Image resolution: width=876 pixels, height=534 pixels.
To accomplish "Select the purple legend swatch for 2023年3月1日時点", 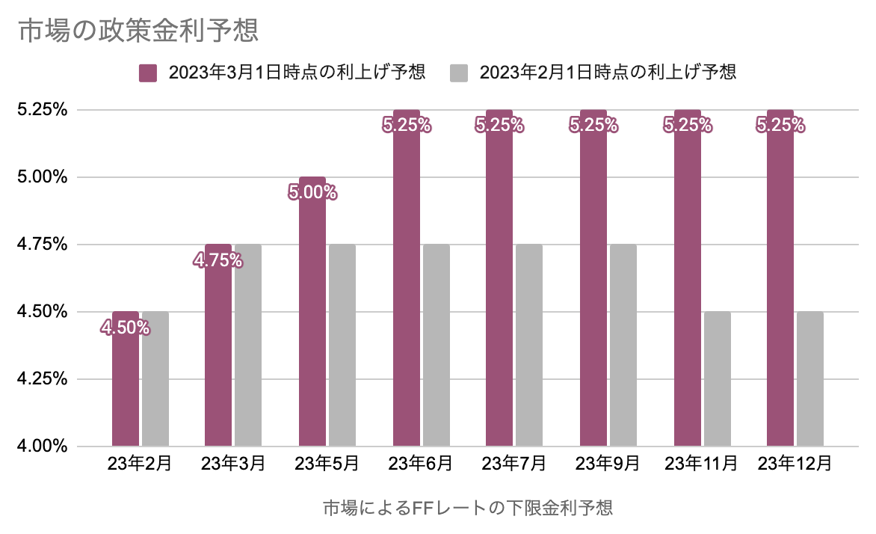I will click(x=148, y=73).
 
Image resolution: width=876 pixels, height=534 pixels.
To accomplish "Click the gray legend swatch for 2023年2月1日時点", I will click(x=459, y=73).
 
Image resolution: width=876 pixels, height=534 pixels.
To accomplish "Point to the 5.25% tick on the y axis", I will click(x=42, y=110).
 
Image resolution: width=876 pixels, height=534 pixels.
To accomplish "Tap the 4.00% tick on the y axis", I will click(x=42, y=446).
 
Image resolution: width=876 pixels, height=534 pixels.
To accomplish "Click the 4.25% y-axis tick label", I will click(x=42, y=379).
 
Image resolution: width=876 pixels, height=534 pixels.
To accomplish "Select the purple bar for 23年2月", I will click(x=126, y=389).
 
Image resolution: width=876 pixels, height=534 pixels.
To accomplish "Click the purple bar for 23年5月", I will click(x=312, y=322).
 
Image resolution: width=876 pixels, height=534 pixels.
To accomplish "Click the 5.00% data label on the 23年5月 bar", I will click(x=312, y=193).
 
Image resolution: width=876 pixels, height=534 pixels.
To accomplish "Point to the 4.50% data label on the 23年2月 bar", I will click(x=125, y=327).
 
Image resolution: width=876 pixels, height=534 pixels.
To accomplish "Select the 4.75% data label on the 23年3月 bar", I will click(x=218, y=260).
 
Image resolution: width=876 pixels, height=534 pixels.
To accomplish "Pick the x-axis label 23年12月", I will click(x=795, y=464).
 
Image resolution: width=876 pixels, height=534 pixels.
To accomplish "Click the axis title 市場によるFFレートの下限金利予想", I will click(x=468, y=509).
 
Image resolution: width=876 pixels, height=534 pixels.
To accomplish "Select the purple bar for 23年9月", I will click(x=593, y=299).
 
